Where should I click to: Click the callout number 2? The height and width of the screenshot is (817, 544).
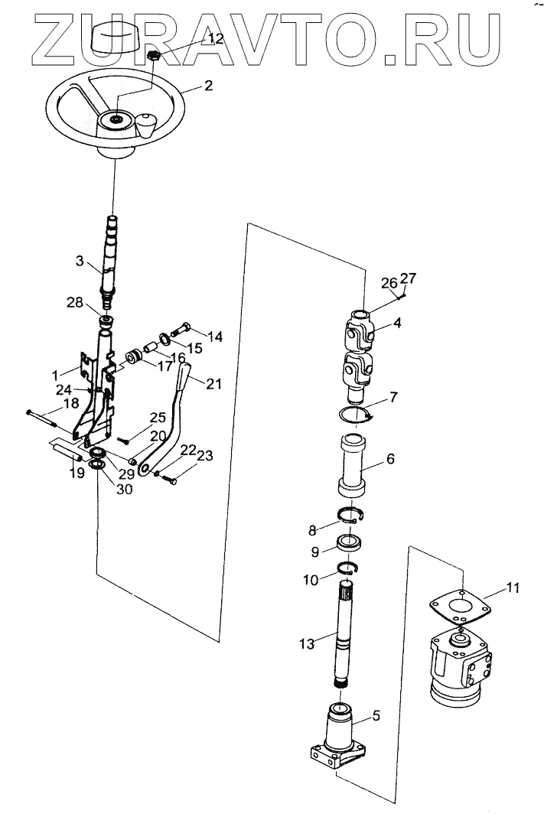click(208, 86)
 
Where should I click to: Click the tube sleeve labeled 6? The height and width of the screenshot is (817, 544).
click(353, 467)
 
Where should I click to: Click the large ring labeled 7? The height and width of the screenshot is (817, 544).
click(357, 415)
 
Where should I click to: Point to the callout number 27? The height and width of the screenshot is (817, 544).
click(409, 279)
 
